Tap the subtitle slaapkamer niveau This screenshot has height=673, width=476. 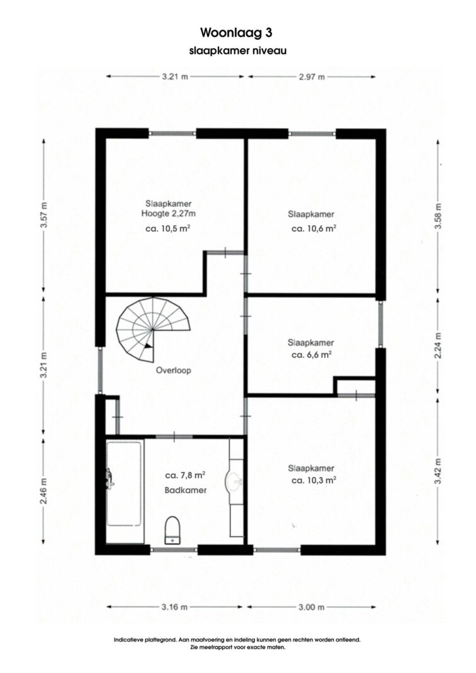click(x=237, y=50)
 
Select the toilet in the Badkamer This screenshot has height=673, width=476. click(x=173, y=530)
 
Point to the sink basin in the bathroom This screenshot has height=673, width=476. click(x=234, y=481)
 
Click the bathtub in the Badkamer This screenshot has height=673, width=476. click(x=124, y=484)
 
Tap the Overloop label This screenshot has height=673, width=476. click(x=174, y=370)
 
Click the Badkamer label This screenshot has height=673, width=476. click(x=186, y=489)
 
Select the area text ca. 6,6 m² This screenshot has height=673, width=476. click(x=311, y=355)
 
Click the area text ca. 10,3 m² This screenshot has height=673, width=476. click(x=313, y=480)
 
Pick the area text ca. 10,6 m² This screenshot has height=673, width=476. click(x=313, y=229)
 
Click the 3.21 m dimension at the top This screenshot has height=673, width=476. click(x=175, y=77)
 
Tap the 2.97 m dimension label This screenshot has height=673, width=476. click(x=311, y=77)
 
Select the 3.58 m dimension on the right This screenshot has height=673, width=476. click(x=439, y=216)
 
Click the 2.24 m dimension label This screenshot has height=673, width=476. click(x=439, y=346)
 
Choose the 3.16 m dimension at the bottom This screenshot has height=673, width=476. click(x=174, y=607)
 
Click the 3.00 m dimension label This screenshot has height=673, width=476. click(x=311, y=607)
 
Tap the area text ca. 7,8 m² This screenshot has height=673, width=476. click(x=185, y=475)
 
